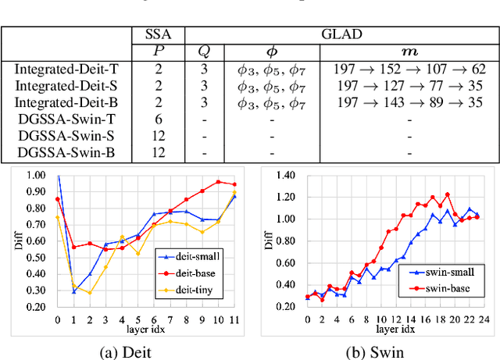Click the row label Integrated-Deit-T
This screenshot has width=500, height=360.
click(x=65, y=69)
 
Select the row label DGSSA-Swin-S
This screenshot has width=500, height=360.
click(x=65, y=137)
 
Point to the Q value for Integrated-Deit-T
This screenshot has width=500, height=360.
click(x=204, y=69)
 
